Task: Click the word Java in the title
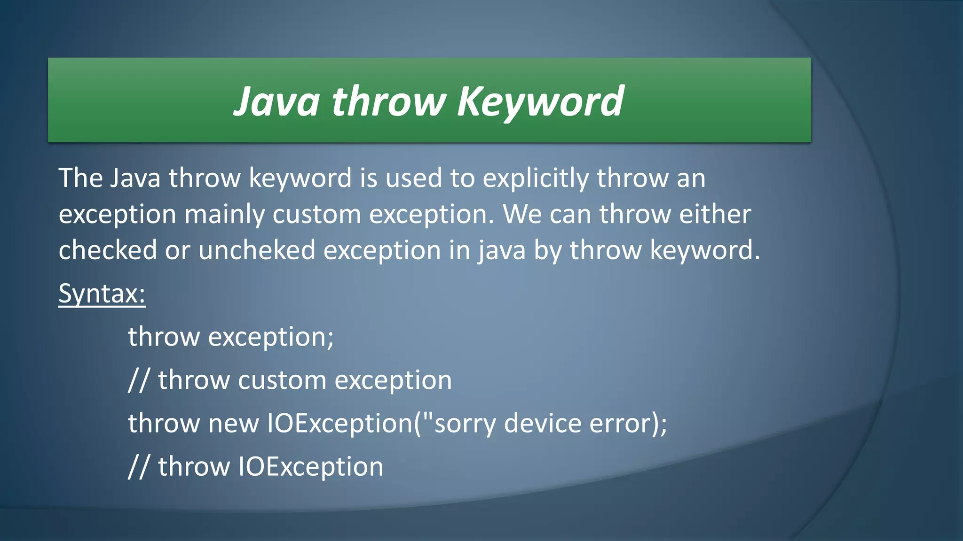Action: pyautogui.click(x=276, y=101)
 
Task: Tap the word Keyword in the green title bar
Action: pyautogui.click(x=540, y=101)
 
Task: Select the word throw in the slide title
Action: pyautogui.click(x=388, y=101)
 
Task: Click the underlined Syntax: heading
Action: pyautogui.click(x=102, y=294)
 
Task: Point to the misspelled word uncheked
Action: pyautogui.click(x=256, y=250)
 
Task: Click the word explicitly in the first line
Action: pyautogui.click(x=536, y=179)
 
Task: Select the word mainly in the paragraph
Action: pyautogui.click(x=224, y=215)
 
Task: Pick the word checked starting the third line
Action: pyautogui.click(x=107, y=250)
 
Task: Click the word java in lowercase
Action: pyautogui.click(x=502, y=250)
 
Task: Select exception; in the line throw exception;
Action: pyautogui.click(x=271, y=337)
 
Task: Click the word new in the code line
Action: pyautogui.click(x=233, y=424)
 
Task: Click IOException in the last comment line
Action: pyautogui.click(x=311, y=467)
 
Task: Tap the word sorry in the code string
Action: pyautogui.click(x=465, y=424)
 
